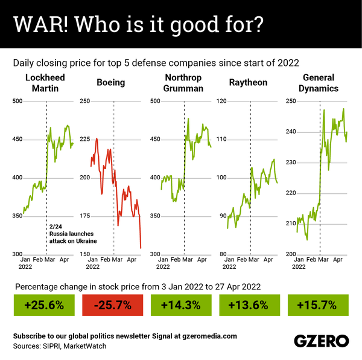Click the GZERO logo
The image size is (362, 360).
[x=322, y=341]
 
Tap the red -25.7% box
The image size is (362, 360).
[x=113, y=305]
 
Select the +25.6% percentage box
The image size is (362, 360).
[x=44, y=305]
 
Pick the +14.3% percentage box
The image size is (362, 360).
[x=181, y=305]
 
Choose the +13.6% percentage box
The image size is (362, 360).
[x=250, y=305]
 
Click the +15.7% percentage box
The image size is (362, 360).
[x=318, y=305]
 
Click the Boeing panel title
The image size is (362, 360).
[x=111, y=83]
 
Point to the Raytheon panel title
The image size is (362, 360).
[x=248, y=83]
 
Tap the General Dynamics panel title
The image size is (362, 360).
[x=319, y=83]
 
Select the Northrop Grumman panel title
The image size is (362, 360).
[x=183, y=83]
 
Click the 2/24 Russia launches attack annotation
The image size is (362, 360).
[x=73, y=234]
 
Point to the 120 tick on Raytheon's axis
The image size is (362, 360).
[x=221, y=101]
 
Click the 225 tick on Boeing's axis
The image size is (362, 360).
[x=84, y=139]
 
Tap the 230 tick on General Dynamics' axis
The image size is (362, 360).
[x=291, y=162]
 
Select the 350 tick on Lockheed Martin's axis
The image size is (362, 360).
[x=17, y=216]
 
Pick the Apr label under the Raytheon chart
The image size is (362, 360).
[x=268, y=260]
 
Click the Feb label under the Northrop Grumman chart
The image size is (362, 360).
[x=176, y=260]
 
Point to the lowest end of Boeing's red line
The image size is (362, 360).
[x=141, y=248]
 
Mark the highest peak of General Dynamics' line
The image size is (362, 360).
[x=343, y=109]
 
